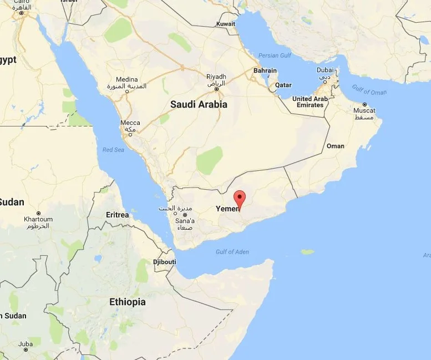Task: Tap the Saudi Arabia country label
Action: coord(199,104)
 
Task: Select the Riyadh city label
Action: coord(216,77)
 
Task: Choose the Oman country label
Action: coord(335,146)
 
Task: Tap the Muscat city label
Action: coord(364,111)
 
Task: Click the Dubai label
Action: coord(325,70)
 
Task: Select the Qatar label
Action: coord(283,85)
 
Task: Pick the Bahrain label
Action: coord(265,71)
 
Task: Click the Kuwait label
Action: coord(226,24)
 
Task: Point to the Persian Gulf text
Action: coord(274,56)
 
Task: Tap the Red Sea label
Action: coord(113,150)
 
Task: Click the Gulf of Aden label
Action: coord(232,252)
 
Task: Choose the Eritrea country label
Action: coord(117,215)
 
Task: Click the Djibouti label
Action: coord(164,262)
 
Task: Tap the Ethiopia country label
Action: coord(127,302)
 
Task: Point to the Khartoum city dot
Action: coord(38,213)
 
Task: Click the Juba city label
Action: coord(25,344)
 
